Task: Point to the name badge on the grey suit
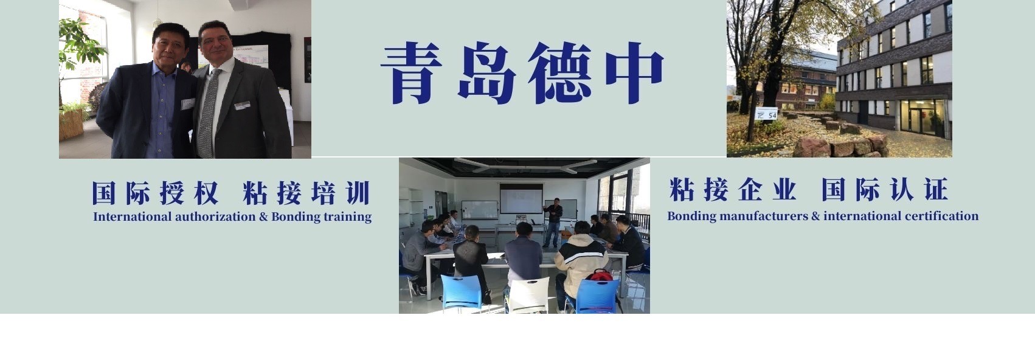click(x=243, y=105)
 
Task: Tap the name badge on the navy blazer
click(x=187, y=104)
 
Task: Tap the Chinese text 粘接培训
click(x=305, y=193)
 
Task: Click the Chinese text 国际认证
click(x=884, y=191)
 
